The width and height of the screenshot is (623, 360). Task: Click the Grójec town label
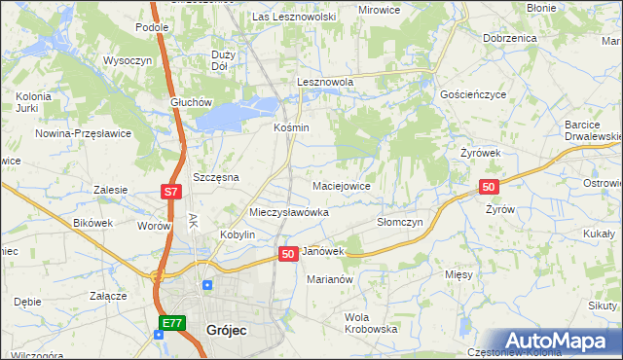pyautogui.click(x=227, y=330)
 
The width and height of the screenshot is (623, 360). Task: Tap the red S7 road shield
pyautogui.click(x=170, y=193)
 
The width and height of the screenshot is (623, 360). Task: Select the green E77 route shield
pyautogui.click(x=171, y=323)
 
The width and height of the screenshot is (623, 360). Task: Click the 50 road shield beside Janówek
pyautogui.click(x=287, y=253)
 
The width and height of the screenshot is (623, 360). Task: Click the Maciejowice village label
pyautogui.click(x=341, y=185)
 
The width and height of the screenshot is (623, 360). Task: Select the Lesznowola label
pyautogui.click(x=324, y=83)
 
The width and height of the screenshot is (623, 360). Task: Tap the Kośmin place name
pyautogui.click(x=290, y=127)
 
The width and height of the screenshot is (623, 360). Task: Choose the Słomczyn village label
pyautogui.click(x=399, y=222)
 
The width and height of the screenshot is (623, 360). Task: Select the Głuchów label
pyautogui.click(x=190, y=102)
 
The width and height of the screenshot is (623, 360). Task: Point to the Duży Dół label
pyautogui.click(x=223, y=60)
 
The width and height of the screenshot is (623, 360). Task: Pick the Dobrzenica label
pyautogui.click(x=509, y=37)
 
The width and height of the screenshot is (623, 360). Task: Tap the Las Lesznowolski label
pyautogui.click(x=294, y=17)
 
